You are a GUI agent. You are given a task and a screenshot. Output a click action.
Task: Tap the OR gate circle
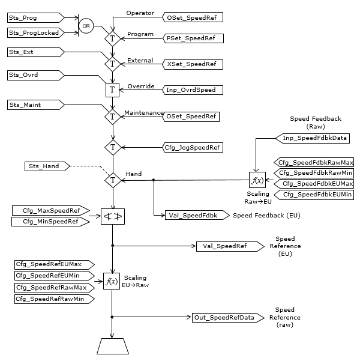tap(86, 26)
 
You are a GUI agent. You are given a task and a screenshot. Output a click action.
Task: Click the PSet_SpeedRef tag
tap(193, 38)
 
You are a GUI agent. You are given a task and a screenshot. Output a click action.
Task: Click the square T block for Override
tap(113, 90)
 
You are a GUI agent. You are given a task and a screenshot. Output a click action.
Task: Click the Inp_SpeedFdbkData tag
tap(315, 138)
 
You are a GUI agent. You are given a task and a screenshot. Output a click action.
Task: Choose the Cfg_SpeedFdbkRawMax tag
tap(314, 162)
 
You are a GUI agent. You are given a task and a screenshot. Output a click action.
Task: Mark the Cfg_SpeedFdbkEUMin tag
tap(314, 195)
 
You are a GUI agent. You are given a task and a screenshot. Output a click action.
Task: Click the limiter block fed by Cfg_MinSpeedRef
tap(113, 216)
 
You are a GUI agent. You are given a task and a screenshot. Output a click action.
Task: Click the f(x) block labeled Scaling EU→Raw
tap(112, 281)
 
